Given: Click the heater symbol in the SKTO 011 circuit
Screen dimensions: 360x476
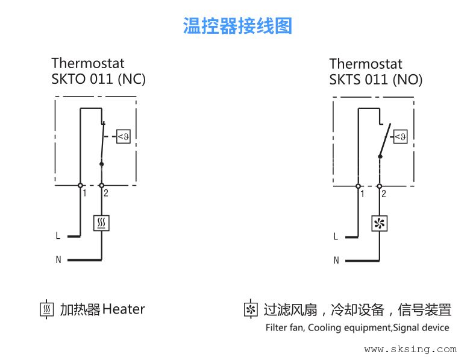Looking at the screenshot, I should [x=101, y=223].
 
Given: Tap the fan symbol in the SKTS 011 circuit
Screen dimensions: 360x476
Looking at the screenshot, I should [x=380, y=224].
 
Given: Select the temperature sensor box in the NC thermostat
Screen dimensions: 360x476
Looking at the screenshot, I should [x=123, y=137].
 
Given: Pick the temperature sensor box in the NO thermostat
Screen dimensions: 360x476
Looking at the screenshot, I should [x=401, y=137].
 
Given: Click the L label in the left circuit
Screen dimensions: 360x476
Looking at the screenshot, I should [x=58, y=236].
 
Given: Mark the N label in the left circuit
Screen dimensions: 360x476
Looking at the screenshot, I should [x=58, y=260].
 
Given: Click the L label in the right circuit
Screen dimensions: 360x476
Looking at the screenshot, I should [x=336, y=236].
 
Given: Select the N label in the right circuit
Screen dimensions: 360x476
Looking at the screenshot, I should [x=336, y=260].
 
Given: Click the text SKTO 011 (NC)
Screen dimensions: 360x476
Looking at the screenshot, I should [x=98, y=79].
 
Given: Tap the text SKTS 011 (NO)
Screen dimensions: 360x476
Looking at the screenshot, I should [x=376, y=79].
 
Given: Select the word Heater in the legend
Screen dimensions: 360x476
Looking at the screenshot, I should [x=124, y=309].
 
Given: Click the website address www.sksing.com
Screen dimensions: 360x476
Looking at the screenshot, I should [x=410, y=349].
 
